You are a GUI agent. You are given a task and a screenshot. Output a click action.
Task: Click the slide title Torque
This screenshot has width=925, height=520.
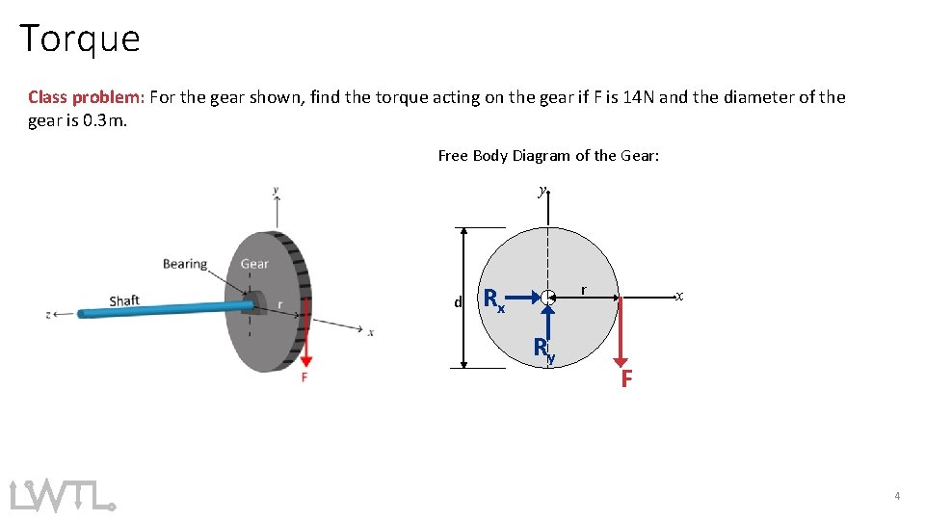[x=80, y=39]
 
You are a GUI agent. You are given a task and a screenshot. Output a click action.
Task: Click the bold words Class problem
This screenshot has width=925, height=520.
[x=85, y=97]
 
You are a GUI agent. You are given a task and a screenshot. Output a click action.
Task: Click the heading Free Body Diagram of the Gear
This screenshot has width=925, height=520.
[x=548, y=155]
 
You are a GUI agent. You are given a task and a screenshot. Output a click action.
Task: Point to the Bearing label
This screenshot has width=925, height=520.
[x=185, y=264]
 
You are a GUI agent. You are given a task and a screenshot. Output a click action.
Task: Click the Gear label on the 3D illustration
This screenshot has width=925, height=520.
[x=254, y=264]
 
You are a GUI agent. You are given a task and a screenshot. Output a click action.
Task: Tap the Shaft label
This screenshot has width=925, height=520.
[x=124, y=300]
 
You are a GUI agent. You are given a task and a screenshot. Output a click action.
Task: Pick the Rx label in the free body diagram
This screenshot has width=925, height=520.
[x=493, y=300]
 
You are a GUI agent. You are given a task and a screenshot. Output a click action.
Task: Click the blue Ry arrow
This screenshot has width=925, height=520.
[x=547, y=323]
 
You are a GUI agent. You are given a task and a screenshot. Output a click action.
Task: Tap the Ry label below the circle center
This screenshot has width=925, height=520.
[x=545, y=351]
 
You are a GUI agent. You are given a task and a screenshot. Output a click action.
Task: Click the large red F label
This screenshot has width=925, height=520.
[x=626, y=379]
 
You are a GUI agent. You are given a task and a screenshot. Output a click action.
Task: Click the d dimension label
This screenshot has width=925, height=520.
[x=458, y=303]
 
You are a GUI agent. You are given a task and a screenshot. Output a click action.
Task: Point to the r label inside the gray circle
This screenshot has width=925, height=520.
[x=583, y=289]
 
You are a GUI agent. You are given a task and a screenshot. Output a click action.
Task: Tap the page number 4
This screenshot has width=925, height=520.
[x=897, y=496]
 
